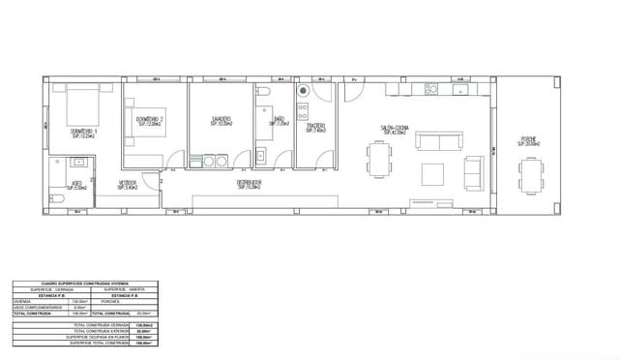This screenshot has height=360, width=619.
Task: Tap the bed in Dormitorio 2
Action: tap(142, 128)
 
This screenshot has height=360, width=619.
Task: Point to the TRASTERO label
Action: tap(316, 128)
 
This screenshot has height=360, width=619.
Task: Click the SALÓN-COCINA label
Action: tap(393, 129)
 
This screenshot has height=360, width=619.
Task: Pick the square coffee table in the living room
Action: tap(433, 174)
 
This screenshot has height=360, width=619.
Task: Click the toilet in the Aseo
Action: tap(57, 199)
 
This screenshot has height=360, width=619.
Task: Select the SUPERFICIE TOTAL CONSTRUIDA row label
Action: tap(98, 342)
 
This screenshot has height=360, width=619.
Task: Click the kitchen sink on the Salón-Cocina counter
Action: tap(430, 90)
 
